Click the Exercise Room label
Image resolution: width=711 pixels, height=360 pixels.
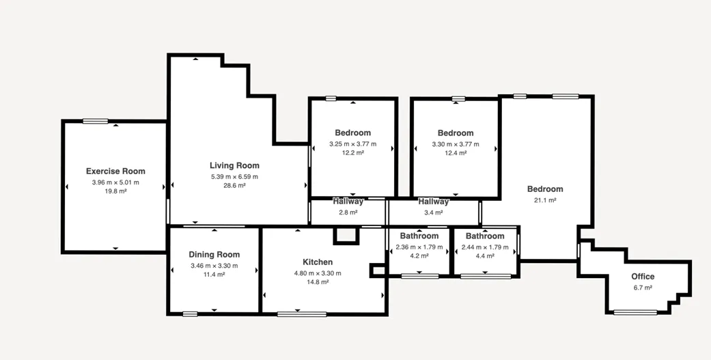click(x=115, y=171)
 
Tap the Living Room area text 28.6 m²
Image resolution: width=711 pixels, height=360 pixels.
click(x=234, y=185)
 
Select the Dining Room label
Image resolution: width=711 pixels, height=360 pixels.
click(x=214, y=255)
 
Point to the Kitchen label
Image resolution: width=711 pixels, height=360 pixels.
click(x=318, y=262)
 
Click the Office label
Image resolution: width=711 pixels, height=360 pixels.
click(x=643, y=277)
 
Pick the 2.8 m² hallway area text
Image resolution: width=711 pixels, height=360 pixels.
click(x=348, y=212)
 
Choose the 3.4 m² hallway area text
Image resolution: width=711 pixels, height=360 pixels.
click(x=434, y=212)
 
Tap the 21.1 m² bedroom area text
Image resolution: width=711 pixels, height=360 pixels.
click(x=545, y=200)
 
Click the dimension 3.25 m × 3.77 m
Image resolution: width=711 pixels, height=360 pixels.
click(x=353, y=144)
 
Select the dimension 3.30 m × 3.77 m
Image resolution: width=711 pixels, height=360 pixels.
click(x=456, y=145)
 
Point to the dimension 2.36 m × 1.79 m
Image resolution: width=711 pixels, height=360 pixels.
click(x=419, y=247)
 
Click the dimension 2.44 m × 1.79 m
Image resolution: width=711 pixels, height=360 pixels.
click(x=485, y=247)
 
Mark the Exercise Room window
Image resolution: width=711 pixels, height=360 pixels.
click(x=95, y=121)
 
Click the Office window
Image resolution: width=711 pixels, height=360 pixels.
click(x=635, y=312)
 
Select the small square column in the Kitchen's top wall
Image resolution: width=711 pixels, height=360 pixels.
click(x=346, y=235)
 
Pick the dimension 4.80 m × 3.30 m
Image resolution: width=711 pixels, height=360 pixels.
click(x=318, y=273)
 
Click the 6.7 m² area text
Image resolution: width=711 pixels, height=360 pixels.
click(x=643, y=288)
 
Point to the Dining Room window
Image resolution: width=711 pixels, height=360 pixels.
click(x=190, y=314)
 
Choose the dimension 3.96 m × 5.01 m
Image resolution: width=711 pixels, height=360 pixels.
click(x=115, y=182)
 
